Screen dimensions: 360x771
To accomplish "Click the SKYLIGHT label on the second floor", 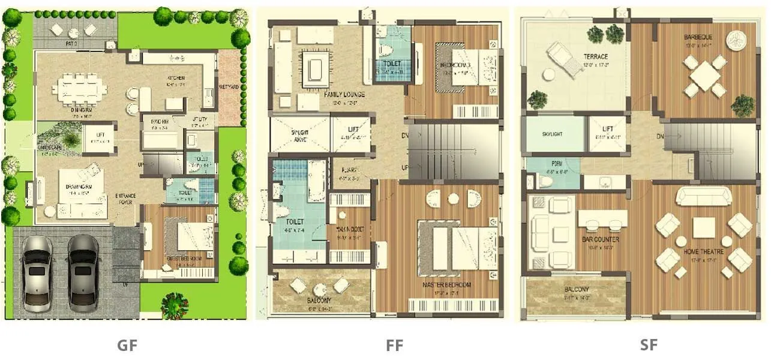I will point(552,134).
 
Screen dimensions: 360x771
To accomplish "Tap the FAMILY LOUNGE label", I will point(344,95).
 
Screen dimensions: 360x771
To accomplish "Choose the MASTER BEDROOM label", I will point(446,284).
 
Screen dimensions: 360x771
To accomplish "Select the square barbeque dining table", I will point(705,76).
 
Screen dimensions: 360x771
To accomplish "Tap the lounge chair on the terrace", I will point(565,58).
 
